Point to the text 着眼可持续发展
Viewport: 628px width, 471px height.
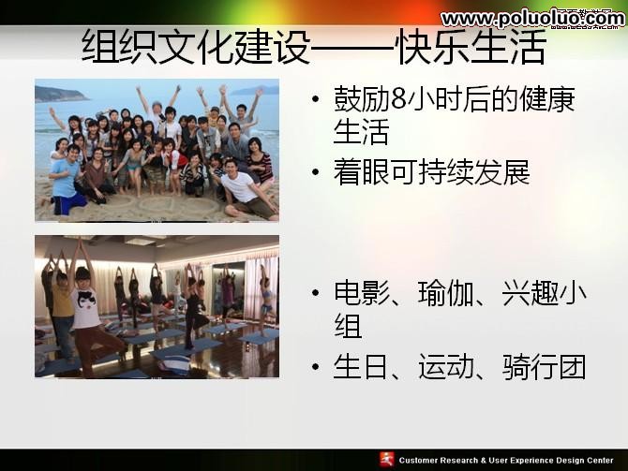coord(431,172)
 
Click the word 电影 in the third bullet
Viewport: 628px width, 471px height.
coord(361,294)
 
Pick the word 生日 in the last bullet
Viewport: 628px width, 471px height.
coord(361,367)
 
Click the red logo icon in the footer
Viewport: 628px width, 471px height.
coord(386,459)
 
